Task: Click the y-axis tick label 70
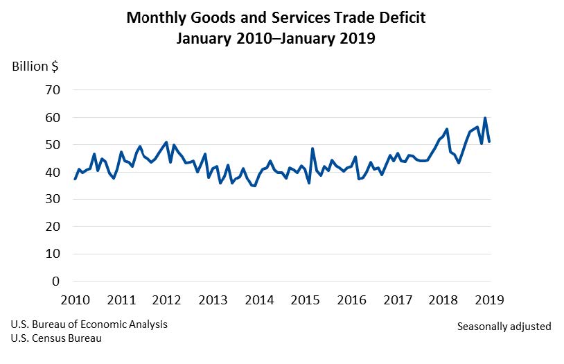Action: pyautogui.click(x=53, y=90)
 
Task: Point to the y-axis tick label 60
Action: pyautogui.click(x=53, y=117)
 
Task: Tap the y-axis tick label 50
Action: pyautogui.click(x=53, y=145)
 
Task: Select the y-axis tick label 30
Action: pyautogui.click(x=53, y=199)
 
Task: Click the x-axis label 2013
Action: pyautogui.click(x=213, y=300)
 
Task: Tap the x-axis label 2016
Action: pyautogui.click(x=351, y=300)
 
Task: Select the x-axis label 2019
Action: pyautogui.click(x=490, y=300)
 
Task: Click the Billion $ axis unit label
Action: pyautogui.click(x=35, y=67)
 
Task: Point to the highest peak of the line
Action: pyautogui.click(x=485, y=118)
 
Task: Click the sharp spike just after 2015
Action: pyautogui.click(x=312, y=148)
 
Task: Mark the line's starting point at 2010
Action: pyautogui.click(x=76, y=179)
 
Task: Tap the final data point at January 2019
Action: pyautogui.click(x=489, y=141)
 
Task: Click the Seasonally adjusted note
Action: pyautogui.click(x=504, y=326)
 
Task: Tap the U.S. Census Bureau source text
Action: pyautogui.click(x=55, y=338)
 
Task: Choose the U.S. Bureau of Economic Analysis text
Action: pyautogui.click(x=89, y=324)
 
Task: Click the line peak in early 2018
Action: pyautogui.click(x=447, y=129)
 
